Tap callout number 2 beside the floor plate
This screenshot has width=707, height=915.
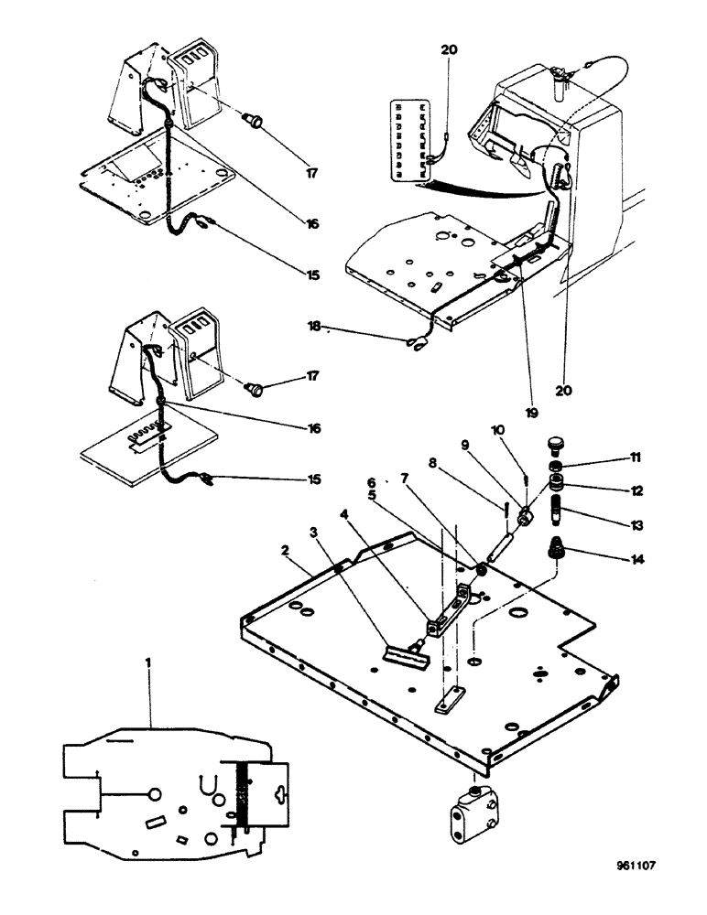click(x=286, y=552)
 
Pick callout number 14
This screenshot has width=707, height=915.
click(x=607, y=555)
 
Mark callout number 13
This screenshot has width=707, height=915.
click(x=607, y=525)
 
